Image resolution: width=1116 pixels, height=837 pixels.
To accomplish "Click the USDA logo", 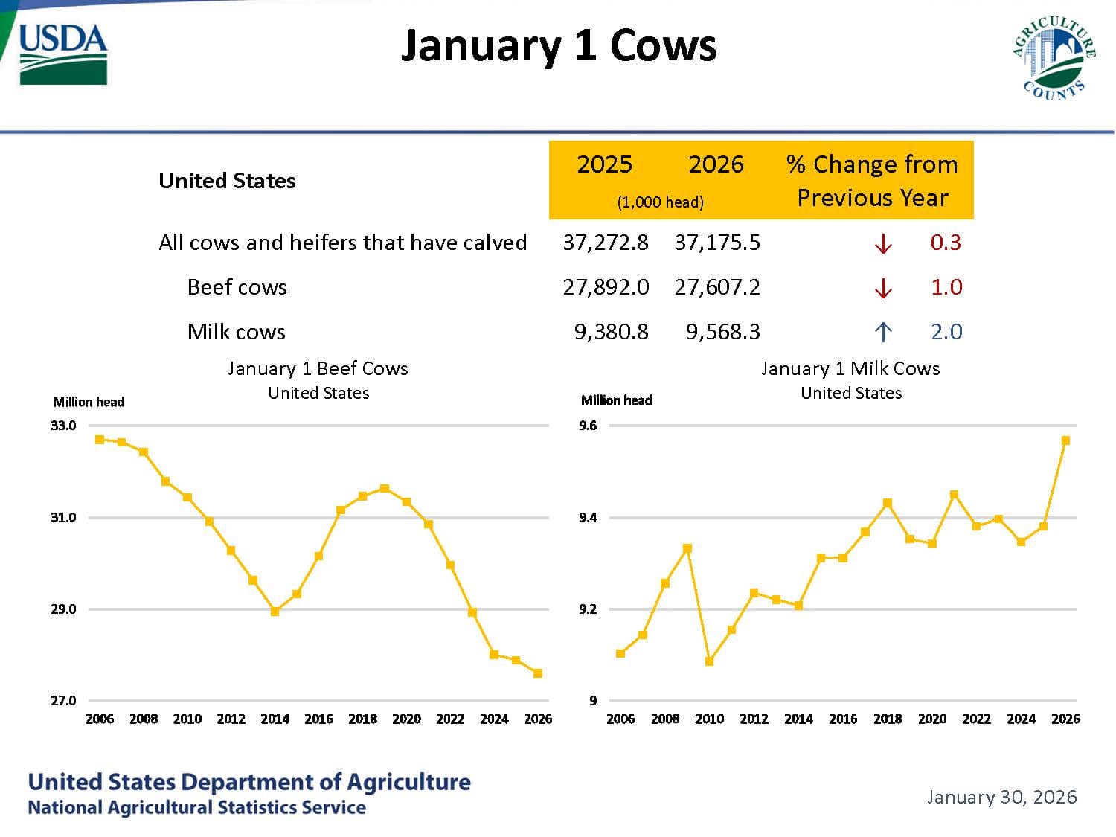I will point(63,54).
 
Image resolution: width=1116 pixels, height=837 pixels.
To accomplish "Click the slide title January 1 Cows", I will point(558,46).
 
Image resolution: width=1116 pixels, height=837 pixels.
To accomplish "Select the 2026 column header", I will point(716,164).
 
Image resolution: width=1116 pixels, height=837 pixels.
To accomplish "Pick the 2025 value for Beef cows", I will point(606,287).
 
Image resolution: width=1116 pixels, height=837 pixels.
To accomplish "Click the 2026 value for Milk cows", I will point(722,332).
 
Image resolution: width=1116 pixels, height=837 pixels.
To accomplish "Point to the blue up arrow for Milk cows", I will point(882,332).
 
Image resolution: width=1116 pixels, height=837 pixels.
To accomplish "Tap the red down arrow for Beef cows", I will point(882,288).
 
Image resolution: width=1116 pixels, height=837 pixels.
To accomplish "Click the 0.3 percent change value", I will point(946,243).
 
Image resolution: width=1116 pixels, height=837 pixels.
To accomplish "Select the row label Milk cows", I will point(236,332).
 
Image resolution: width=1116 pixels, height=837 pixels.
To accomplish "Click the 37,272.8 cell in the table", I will point(606,243).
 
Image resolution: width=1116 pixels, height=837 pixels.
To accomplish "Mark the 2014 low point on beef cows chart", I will point(275,612).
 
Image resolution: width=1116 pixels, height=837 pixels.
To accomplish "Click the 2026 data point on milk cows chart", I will point(1065,440).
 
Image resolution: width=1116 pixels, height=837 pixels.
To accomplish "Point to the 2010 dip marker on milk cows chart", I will point(709,661).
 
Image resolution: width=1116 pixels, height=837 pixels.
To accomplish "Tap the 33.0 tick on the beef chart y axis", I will point(63,426).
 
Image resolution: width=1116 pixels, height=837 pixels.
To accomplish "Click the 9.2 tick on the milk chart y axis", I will point(588,609).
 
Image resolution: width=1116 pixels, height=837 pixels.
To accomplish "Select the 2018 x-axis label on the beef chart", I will point(362,719).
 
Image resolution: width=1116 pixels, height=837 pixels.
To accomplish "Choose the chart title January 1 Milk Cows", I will point(850,369).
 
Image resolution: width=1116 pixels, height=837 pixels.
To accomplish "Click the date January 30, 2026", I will point(1001,797).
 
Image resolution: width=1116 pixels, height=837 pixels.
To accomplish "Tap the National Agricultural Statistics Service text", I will point(196,807).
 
